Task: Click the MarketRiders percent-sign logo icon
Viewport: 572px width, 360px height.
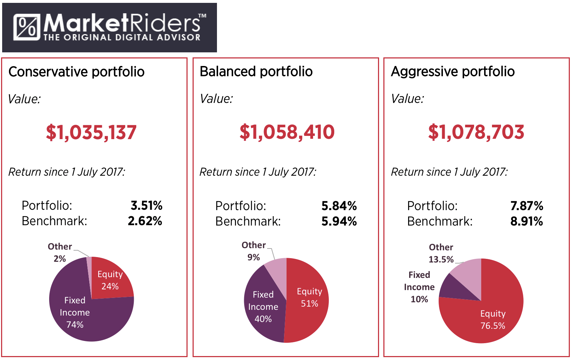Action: tap(27, 27)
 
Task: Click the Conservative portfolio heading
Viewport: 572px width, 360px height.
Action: tap(76, 72)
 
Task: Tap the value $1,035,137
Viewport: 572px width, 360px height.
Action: tap(91, 132)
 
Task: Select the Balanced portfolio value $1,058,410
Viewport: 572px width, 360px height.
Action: tap(287, 132)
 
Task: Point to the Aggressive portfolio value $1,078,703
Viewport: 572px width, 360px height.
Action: tap(476, 132)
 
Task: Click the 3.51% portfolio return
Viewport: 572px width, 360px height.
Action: tap(146, 205)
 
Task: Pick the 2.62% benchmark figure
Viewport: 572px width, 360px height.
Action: tap(145, 221)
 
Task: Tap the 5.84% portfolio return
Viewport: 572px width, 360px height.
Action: tap(339, 206)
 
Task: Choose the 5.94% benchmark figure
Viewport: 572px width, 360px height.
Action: tap(339, 221)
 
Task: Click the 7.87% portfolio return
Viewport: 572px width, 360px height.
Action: tap(526, 206)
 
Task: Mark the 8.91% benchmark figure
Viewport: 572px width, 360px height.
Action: tap(526, 221)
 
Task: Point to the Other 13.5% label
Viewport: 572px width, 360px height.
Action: tap(441, 253)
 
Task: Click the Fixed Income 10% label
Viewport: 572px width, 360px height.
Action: tap(419, 287)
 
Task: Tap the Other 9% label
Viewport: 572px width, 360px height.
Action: tap(254, 251)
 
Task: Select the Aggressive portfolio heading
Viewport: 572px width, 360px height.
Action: tap(453, 71)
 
